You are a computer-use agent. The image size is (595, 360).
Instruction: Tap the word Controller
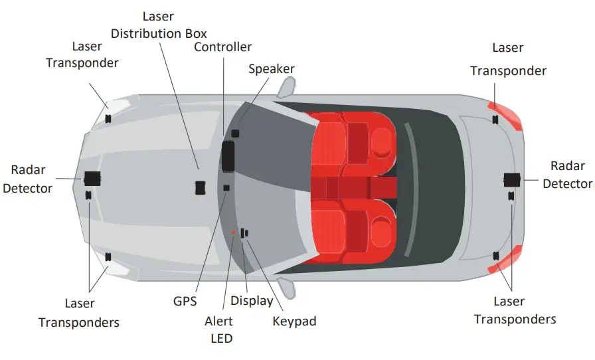pyautogui.click(x=222, y=47)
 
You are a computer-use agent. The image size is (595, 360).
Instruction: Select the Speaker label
pyautogui.click(x=272, y=69)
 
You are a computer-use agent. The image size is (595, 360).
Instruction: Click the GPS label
pyautogui.click(x=185, y=301)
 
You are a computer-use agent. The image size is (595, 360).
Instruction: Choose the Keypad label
pyautogui.click(x=294, y=321)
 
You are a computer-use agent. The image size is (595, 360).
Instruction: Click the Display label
pyautogui.click(x=252, y=301)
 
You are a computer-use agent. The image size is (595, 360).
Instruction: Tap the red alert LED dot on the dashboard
pyautogui.click(x=233, y=232)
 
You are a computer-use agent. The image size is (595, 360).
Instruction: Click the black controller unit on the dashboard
pyautogui.click(x=228, y=155)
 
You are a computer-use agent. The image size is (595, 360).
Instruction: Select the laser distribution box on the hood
pyautogui.click(x=200, y=188)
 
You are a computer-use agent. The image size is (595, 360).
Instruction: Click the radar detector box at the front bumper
pyautogui.click(x=92, y=178)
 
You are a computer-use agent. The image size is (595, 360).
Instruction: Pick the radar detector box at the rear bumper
pyautogui.click(x=512, y=179)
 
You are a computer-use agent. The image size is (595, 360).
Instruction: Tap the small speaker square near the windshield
pyautogui.click(x=235, y=134)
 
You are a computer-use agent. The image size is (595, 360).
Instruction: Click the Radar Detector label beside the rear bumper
pyautogui.click(x=567, y=175)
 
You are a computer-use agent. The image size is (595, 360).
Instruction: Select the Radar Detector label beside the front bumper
pyautogui.click(x=27, y=179)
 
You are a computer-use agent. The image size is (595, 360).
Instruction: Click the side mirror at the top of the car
pyautogui.click(x=286, y=86)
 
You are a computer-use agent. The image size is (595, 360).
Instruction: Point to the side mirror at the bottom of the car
pyautogui.click(x=286, y=288)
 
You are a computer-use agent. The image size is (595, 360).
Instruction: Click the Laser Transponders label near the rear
pyautogui.click(x=515, y=310)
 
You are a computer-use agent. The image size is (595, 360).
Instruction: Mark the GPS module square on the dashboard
pyautogui.click(x=226, y=188)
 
